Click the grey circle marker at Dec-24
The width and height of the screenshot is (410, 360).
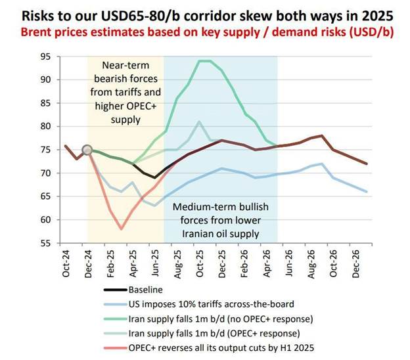(87, 150)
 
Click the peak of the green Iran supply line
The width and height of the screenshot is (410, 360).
(204, 61)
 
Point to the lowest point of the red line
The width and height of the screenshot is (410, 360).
(121, 229)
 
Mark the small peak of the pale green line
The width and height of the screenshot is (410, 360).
(200, 122)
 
